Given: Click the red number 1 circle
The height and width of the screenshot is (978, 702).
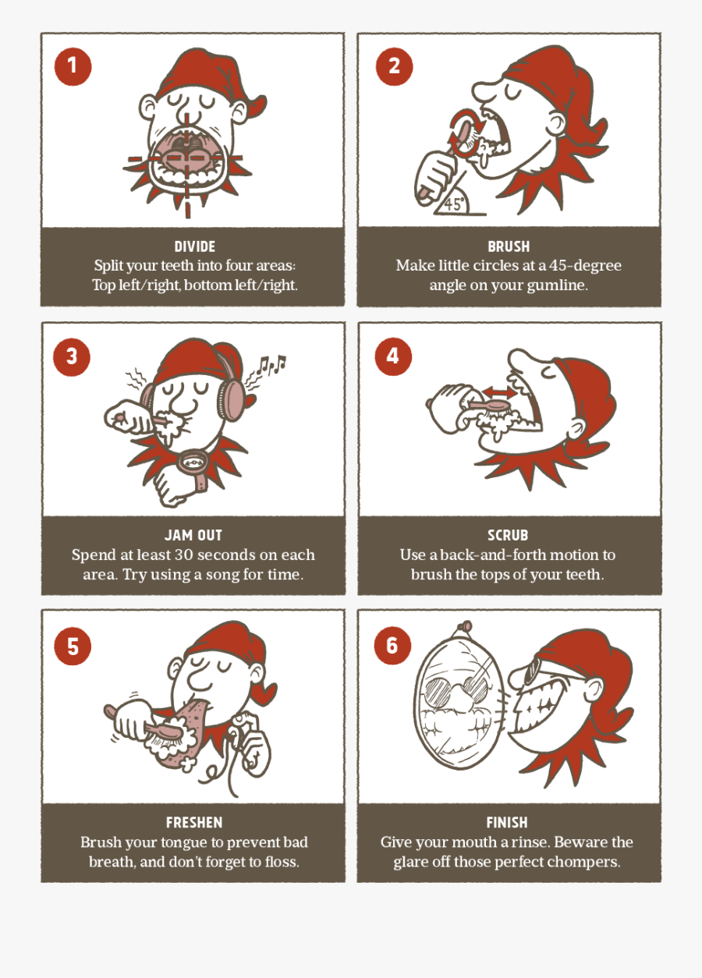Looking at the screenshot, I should (x=73, y=66).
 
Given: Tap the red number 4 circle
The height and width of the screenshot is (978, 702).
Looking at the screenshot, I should (x=392, y=356).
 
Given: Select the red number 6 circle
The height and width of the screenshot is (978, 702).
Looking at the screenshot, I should (x=392, y=645).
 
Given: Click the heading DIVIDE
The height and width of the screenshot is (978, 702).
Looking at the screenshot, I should (x=194, y=247).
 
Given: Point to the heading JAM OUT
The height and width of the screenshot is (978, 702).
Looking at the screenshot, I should (x=193, y=536).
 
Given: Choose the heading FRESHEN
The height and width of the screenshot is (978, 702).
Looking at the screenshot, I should (x=194, y=823).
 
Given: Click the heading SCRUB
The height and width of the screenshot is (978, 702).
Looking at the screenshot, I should (x=508, y=536).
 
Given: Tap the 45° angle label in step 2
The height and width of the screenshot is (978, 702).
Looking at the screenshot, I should (x=454, y=204).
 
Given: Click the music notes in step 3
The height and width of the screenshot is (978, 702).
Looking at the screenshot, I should (x=272, y=364).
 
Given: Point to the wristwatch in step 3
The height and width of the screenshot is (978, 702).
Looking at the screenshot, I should (x=191, y=462).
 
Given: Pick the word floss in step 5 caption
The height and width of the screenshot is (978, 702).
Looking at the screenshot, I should (x=281, y=862).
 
